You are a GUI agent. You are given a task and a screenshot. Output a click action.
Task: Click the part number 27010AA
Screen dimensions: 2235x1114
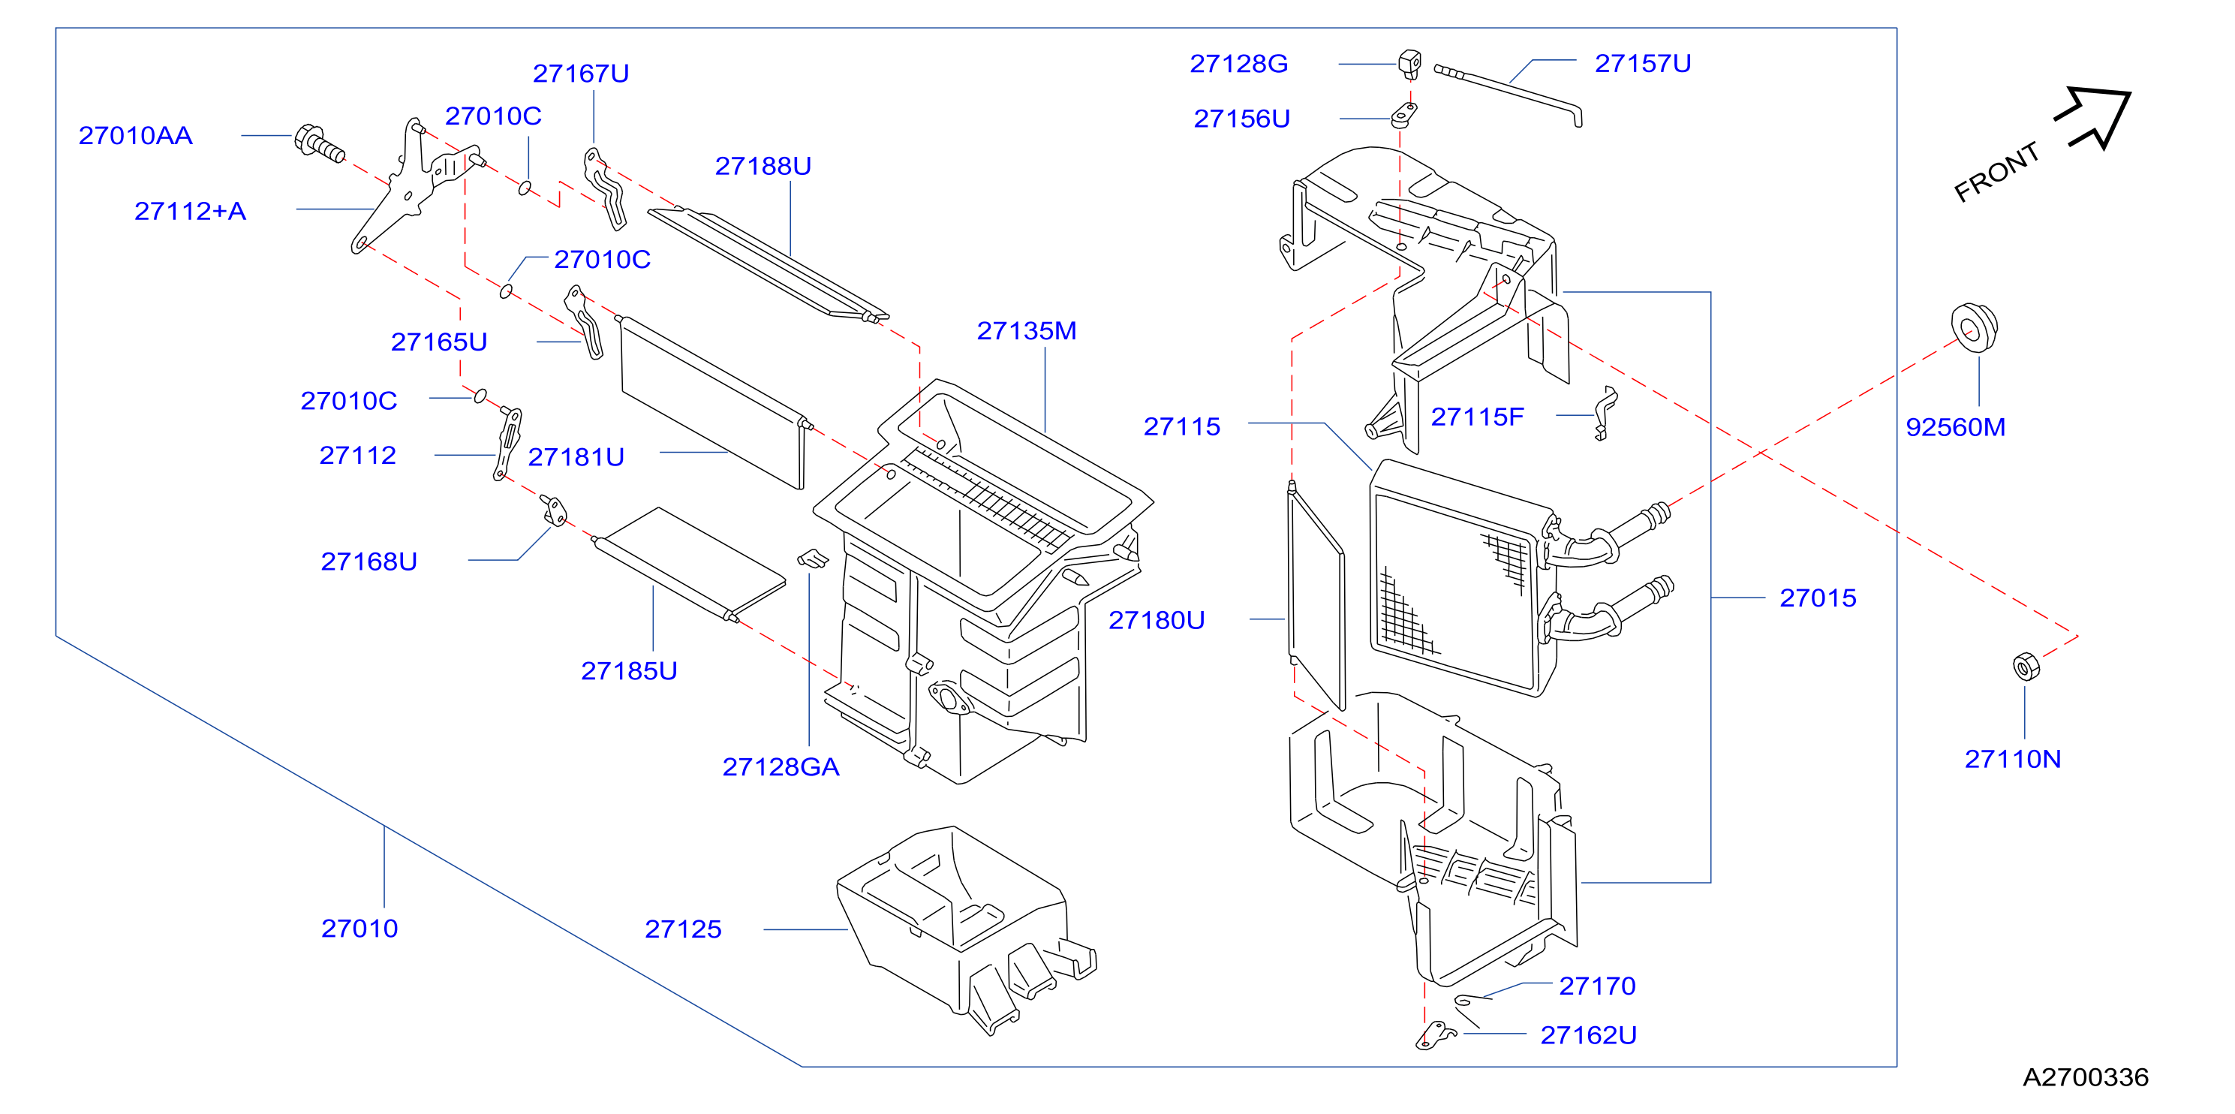135,135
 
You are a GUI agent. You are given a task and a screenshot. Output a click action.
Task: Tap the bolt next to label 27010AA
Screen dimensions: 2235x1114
319,144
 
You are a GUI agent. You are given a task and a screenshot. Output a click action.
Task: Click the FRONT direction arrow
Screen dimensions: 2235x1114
2095,117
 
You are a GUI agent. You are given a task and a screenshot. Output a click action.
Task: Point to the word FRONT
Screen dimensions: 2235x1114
1996,172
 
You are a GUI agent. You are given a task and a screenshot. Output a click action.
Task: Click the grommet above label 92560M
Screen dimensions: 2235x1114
1974,327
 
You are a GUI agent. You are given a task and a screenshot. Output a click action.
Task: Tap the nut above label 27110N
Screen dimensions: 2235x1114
2026,667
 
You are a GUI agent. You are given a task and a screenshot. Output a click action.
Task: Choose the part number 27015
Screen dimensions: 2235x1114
1818,598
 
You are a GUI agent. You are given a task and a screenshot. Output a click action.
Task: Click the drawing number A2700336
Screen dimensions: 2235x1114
2085,1076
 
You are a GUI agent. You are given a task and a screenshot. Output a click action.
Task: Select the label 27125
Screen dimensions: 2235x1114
683,929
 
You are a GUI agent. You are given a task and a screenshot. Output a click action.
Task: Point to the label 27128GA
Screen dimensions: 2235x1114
781,767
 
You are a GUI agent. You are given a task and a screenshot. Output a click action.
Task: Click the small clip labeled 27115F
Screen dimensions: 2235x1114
1606,413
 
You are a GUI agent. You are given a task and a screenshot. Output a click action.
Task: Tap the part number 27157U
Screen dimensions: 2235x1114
1642,63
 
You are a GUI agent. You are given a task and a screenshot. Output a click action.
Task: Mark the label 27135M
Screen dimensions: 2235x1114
1027,330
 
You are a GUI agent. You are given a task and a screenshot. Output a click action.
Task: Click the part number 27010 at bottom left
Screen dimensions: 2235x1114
359,929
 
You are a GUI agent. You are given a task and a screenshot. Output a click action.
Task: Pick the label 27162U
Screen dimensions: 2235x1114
1588,1035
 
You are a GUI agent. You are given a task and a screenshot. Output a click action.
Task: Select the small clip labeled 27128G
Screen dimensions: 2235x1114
1410,62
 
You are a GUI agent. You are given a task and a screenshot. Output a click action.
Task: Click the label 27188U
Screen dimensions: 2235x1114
763,166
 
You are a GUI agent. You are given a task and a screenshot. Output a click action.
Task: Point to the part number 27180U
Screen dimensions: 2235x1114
1157,620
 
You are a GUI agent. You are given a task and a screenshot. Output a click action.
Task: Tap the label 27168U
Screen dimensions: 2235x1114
368,562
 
